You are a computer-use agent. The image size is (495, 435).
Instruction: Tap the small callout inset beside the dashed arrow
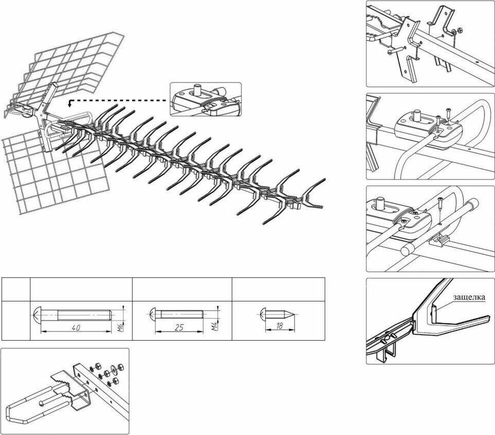(206, 98)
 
